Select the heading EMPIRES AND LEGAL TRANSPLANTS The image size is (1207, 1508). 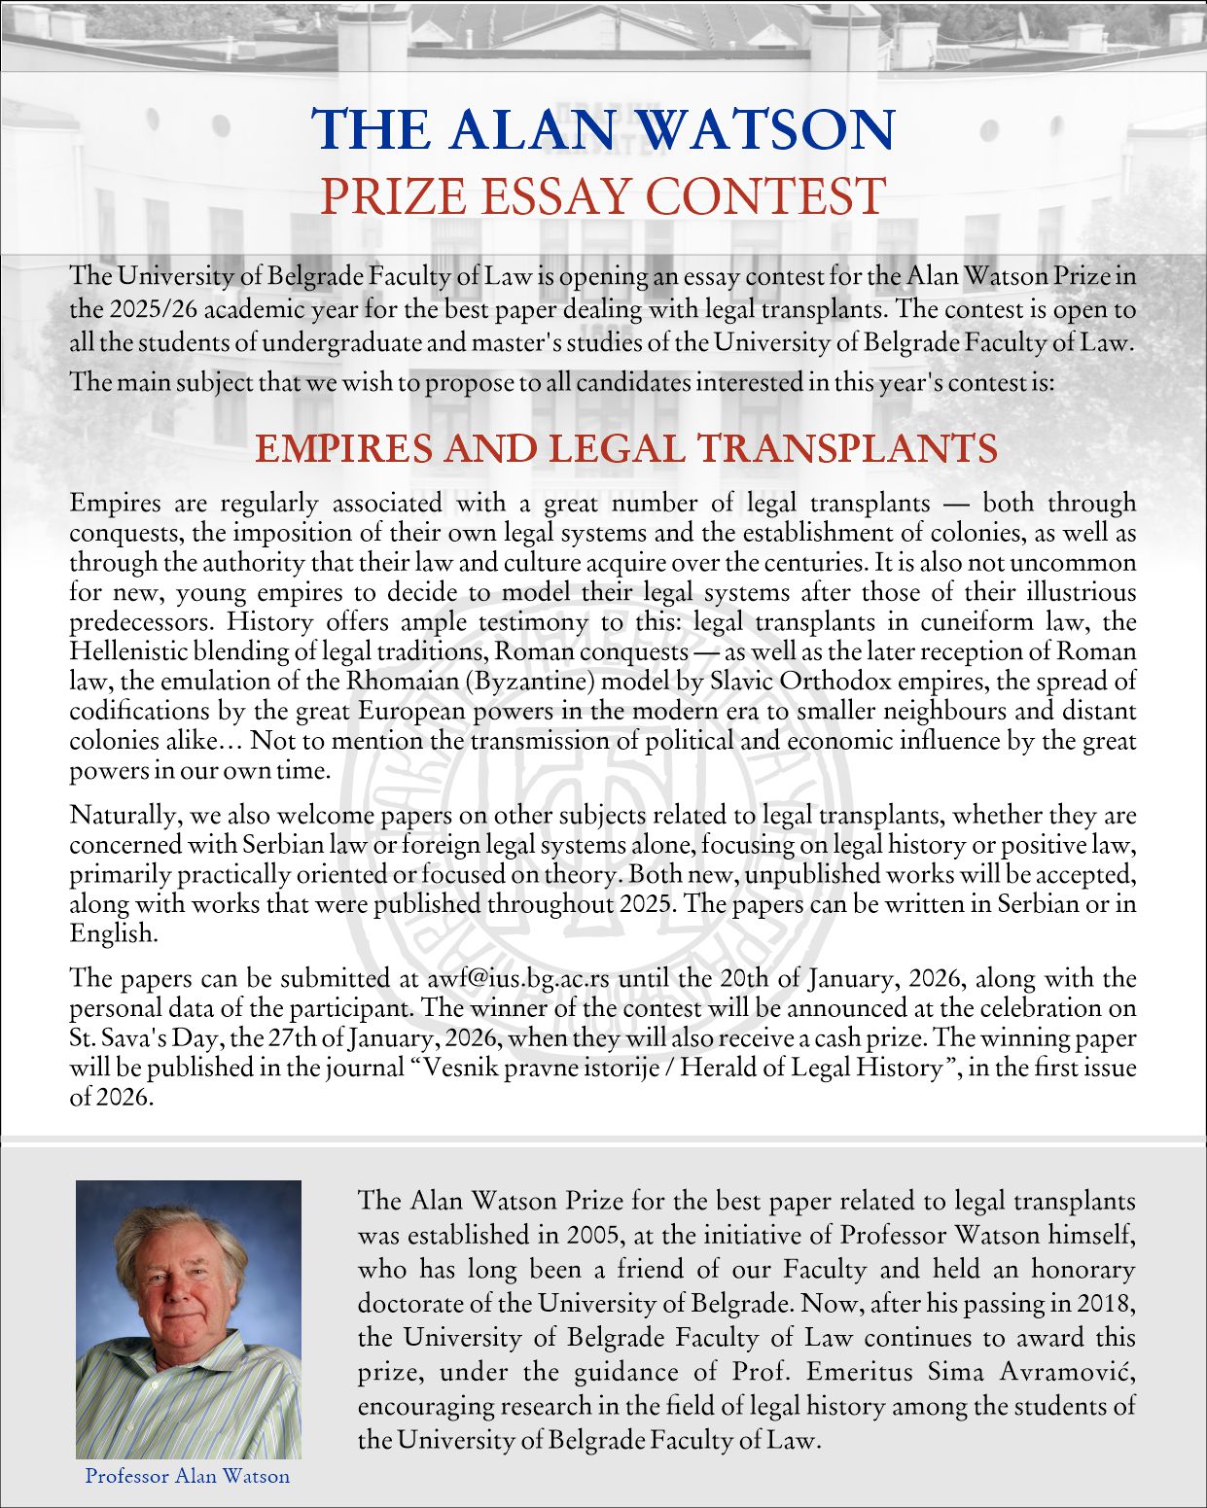pos(626,449)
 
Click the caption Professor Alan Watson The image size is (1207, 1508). pos(188,1476)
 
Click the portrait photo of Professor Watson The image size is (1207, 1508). pos(189,1319)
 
